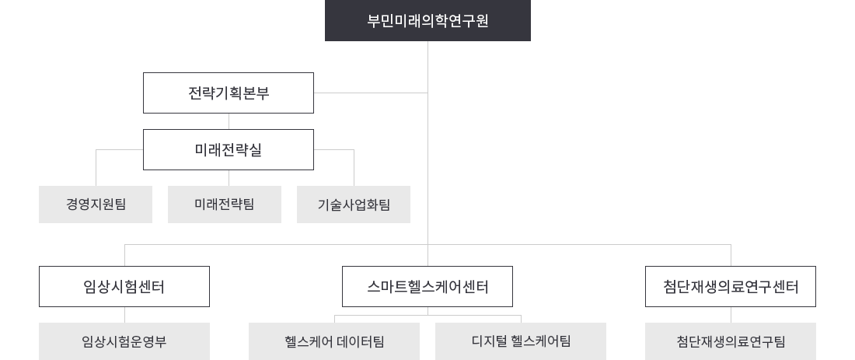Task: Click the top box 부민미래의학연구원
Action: click(427, 21)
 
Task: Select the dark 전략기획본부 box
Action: click(228, 93)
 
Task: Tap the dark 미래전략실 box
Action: click(229, 149)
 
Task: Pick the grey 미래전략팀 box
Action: click(224, 204)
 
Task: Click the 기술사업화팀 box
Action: click(353, 204)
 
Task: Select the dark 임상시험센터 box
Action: click(124, 286)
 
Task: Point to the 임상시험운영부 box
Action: click(124, 341)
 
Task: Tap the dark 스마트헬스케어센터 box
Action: click(427, 286)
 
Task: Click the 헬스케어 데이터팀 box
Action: click(334, 341)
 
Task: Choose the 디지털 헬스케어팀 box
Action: click(521, 341)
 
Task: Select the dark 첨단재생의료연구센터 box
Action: click(731, 286)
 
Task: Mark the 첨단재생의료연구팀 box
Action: click(731, 341)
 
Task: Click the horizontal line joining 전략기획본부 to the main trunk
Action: click(372, 93)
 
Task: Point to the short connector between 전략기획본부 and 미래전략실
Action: click(229, 121)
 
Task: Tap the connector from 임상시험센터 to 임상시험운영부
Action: click(124, 315)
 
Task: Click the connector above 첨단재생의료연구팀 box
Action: click(731, 315)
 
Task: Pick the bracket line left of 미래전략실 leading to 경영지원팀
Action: click(117, 149)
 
